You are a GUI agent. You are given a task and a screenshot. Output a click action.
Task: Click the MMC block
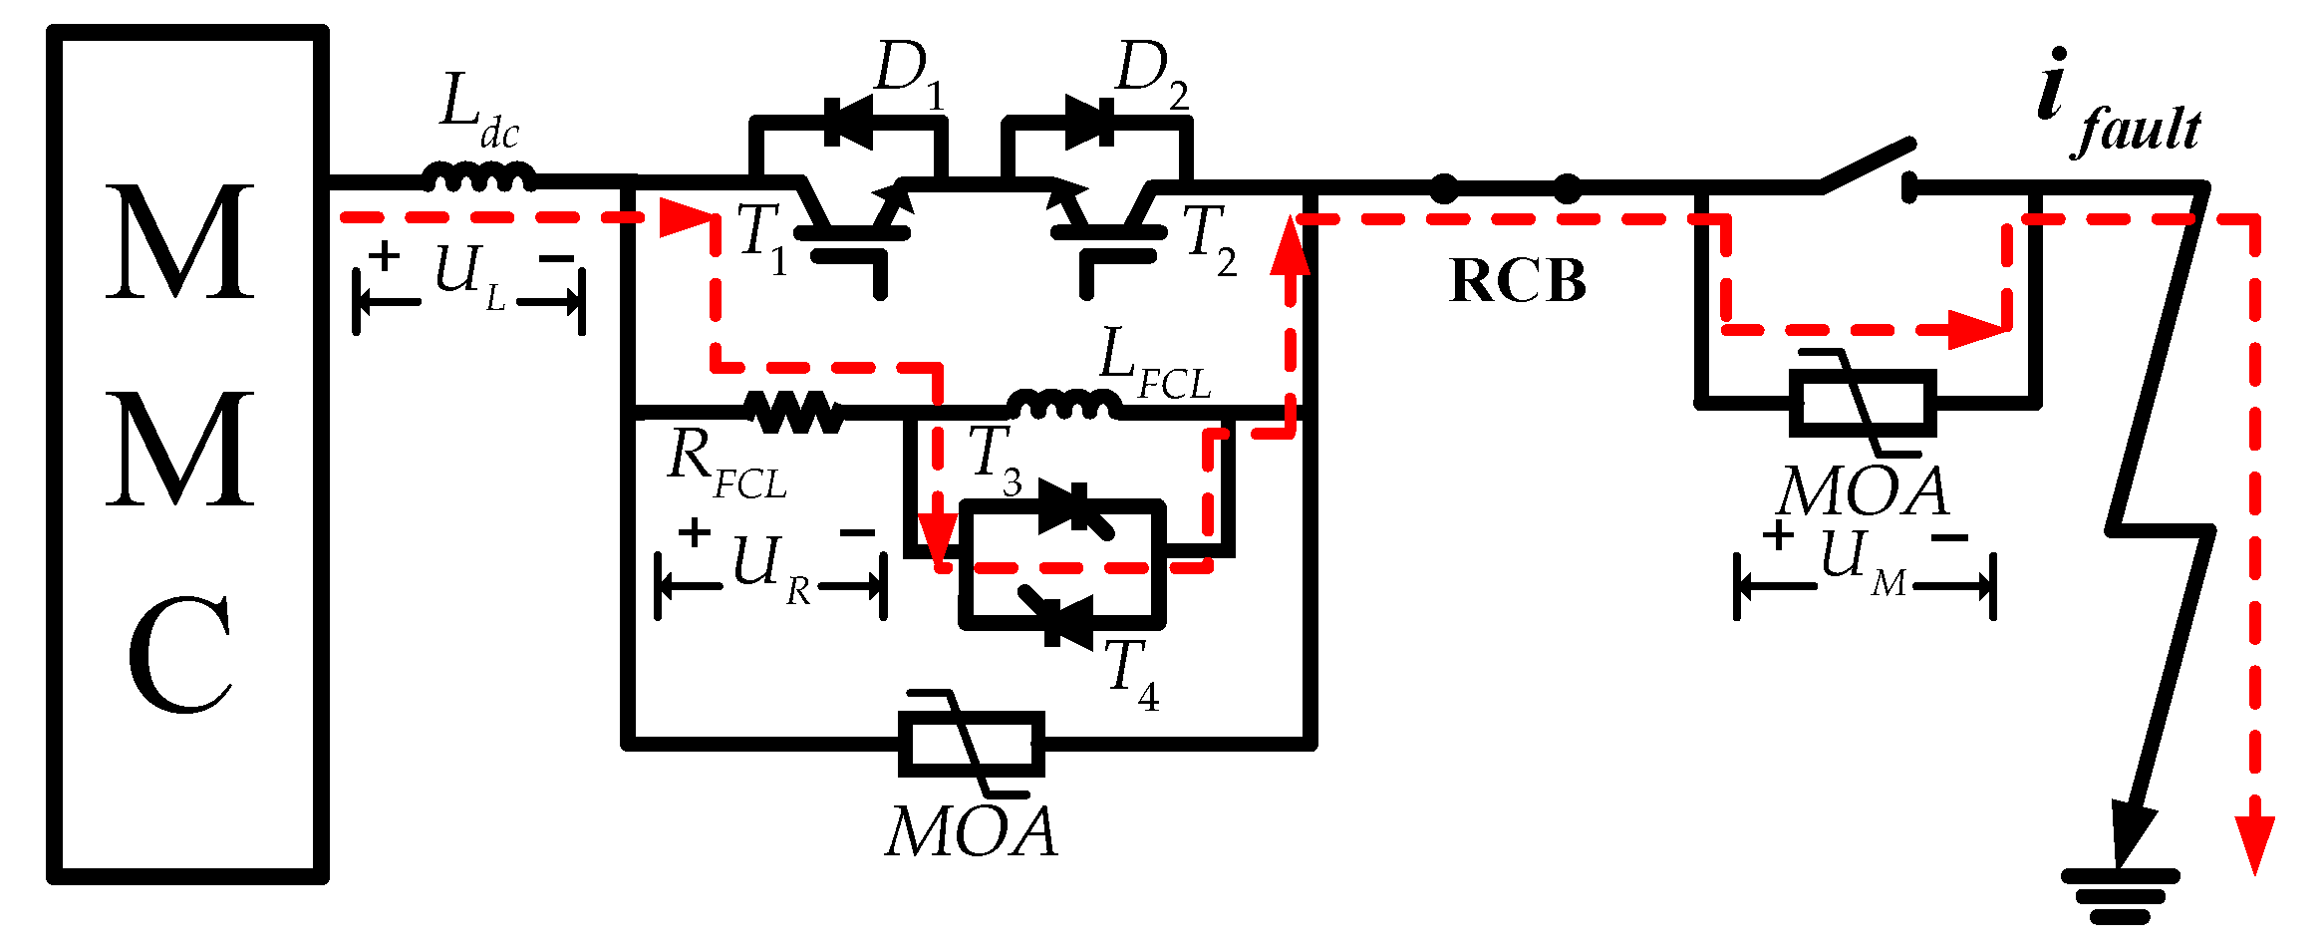pyautogui.click(x=187, y=454)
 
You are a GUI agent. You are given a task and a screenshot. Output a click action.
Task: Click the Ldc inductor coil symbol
pyautogui.click(x=479, y=179)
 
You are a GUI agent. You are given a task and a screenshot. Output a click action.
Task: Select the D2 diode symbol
pyautogui.click(x=1090, y=123)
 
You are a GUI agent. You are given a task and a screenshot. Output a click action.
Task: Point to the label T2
pyautogui.click(x=1209, y=239)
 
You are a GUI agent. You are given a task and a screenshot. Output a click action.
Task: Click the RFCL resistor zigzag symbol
pyautogui.click(x=794, y=411)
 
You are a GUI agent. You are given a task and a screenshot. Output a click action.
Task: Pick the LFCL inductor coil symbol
pyautogui.click(x=1063, y=405)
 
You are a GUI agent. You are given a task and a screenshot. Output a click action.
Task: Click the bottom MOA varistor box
pyautogui.click(x=972, y=744)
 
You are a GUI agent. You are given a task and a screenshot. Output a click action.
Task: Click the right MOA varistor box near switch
pyautogui.click(x=1863, y=403)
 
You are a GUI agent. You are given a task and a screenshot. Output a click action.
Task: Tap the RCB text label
pyautogui.click(x=1517, y=282)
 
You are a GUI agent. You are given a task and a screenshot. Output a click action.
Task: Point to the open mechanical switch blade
pyautogui.click(x=1867, y=165)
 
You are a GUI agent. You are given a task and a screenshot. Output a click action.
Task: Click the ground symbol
pyautogui.click(x=2120, y=895)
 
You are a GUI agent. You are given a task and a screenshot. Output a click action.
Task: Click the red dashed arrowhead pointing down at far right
pyautogui.click(x=2254, y=843)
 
